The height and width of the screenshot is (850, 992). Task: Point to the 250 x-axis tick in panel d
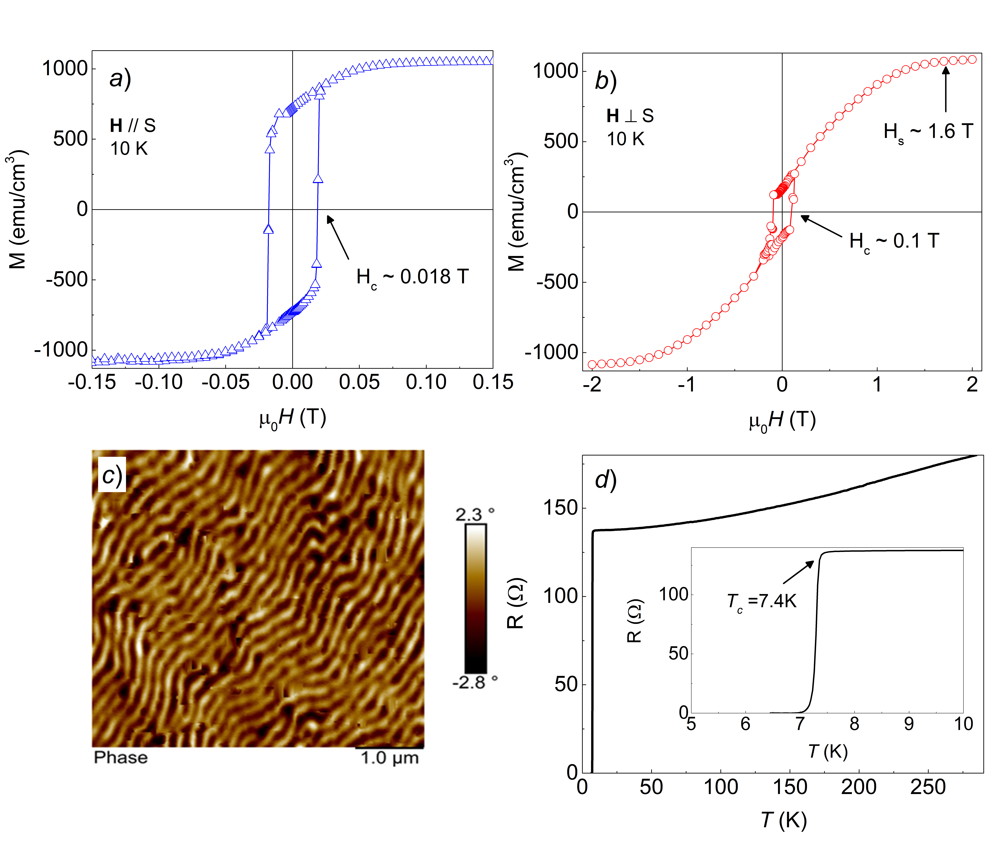pos(928,787)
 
